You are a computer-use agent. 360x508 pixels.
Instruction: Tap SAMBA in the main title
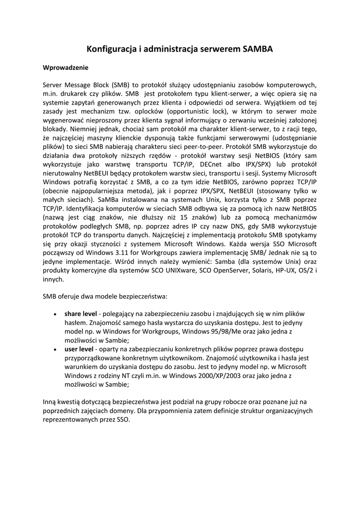point(258,49)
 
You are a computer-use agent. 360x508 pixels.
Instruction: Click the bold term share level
point(80,314)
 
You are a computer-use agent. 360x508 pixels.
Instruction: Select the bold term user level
point(79,350)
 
